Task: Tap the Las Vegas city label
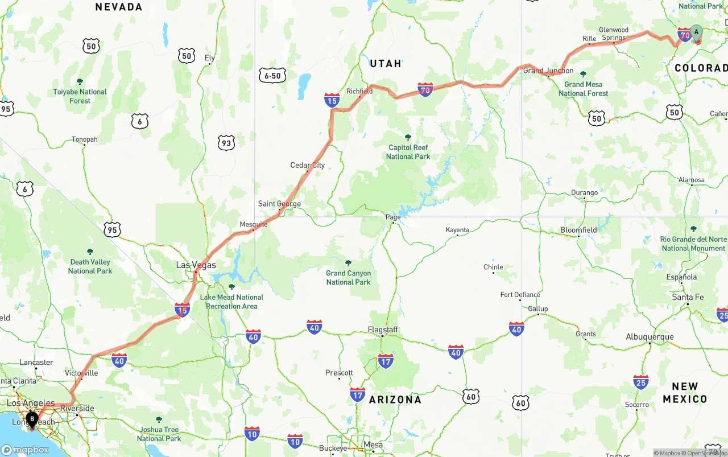(x=196, y=265)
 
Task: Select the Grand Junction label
(x=548, y=71)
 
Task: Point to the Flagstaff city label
(x=383, y=330)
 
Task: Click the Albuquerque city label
(x=650, y=337)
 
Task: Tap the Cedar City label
(x=308, y=166)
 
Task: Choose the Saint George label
(x=279, y=204)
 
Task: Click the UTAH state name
(x=386, y=63)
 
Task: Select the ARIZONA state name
(x=395, y=400)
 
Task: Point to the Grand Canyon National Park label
(x=348, y=278)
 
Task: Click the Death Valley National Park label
(x=90, y=266)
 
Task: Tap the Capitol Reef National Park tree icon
(x=408, y=138)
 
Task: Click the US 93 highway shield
(x=226, y=143)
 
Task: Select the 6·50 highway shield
(x=272, y=76)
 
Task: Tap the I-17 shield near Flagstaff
(x=386, y=360)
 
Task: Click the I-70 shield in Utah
(x=425, y=89)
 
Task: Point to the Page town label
(x=393, y=217)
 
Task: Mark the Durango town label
(x=584, y=193)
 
